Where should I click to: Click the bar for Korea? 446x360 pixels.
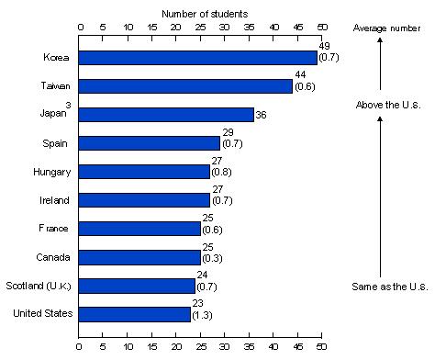pos(198,58)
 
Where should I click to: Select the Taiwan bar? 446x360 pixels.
pos(185,86)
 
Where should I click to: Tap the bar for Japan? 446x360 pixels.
pos(166,115)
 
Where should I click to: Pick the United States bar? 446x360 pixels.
pos(135,314)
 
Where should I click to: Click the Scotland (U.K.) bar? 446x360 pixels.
pos(137,286)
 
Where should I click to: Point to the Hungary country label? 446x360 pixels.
pos(52,172)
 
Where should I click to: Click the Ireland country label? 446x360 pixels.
pos(54,200)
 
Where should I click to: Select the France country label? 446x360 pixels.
pos(53,229)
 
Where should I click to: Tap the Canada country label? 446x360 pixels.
pos(53,257)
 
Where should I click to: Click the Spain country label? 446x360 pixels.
pos(55,143)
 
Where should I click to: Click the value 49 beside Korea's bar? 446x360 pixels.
pos(324,46)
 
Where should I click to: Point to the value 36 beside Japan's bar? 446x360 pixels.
pos(261,115)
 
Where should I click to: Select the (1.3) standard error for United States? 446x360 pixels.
pos(202,315)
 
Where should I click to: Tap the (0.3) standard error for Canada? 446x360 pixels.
pos(212,258)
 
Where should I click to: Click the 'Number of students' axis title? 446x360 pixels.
pos(205,14)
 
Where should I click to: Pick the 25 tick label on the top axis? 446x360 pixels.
pos(200,28)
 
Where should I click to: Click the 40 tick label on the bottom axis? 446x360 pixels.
pos(273,346)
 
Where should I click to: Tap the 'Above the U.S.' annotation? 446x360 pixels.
pos(388,105)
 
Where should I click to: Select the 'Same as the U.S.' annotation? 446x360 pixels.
pos(390,287)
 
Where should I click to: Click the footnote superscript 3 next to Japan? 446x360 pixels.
pos(68,106)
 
